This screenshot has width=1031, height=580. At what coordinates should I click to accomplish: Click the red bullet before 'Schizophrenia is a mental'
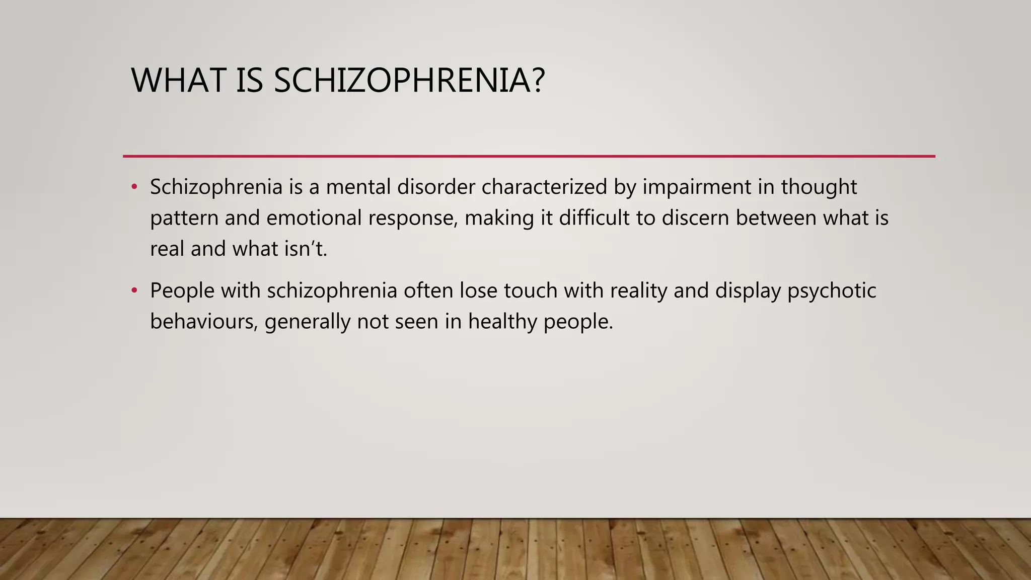pyautogui.click(x=134, y=187)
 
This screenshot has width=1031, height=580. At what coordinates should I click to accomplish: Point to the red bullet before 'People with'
pyautogui.click(x=134, y=291)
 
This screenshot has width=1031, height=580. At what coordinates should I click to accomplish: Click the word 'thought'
pyautogui.click(x=819, y=187)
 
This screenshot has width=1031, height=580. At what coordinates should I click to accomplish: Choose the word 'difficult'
pyautogui.click(x=594, y=219)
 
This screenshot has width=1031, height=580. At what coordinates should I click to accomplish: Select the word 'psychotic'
pyautogui.click(x=832, y=291)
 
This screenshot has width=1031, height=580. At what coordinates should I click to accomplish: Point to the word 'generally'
pyautogui.click(x=308, y=322)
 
